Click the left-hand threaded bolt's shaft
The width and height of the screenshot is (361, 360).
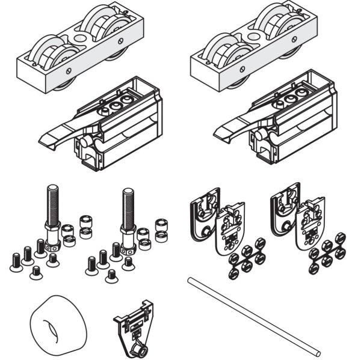tap(51, 204)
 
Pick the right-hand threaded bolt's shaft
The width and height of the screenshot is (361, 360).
tap(128, 207)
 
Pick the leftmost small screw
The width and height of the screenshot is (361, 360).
tap(16, 261)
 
